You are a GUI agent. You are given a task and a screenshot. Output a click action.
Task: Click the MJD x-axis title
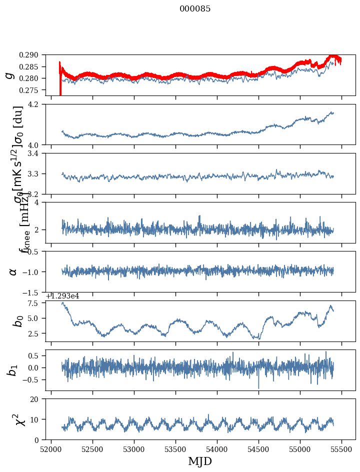click(x=200, y=461)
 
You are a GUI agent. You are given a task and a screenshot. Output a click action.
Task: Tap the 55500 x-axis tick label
click(x=342, y=449)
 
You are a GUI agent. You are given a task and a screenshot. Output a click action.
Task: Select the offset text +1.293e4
click(x=62, y=296)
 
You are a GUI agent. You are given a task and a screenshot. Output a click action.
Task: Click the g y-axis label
click(x=9, y=75)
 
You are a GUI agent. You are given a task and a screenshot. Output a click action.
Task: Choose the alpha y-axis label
click(x=13, y=271)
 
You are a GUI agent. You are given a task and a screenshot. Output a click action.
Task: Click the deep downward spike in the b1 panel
click(x=258, y=387)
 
